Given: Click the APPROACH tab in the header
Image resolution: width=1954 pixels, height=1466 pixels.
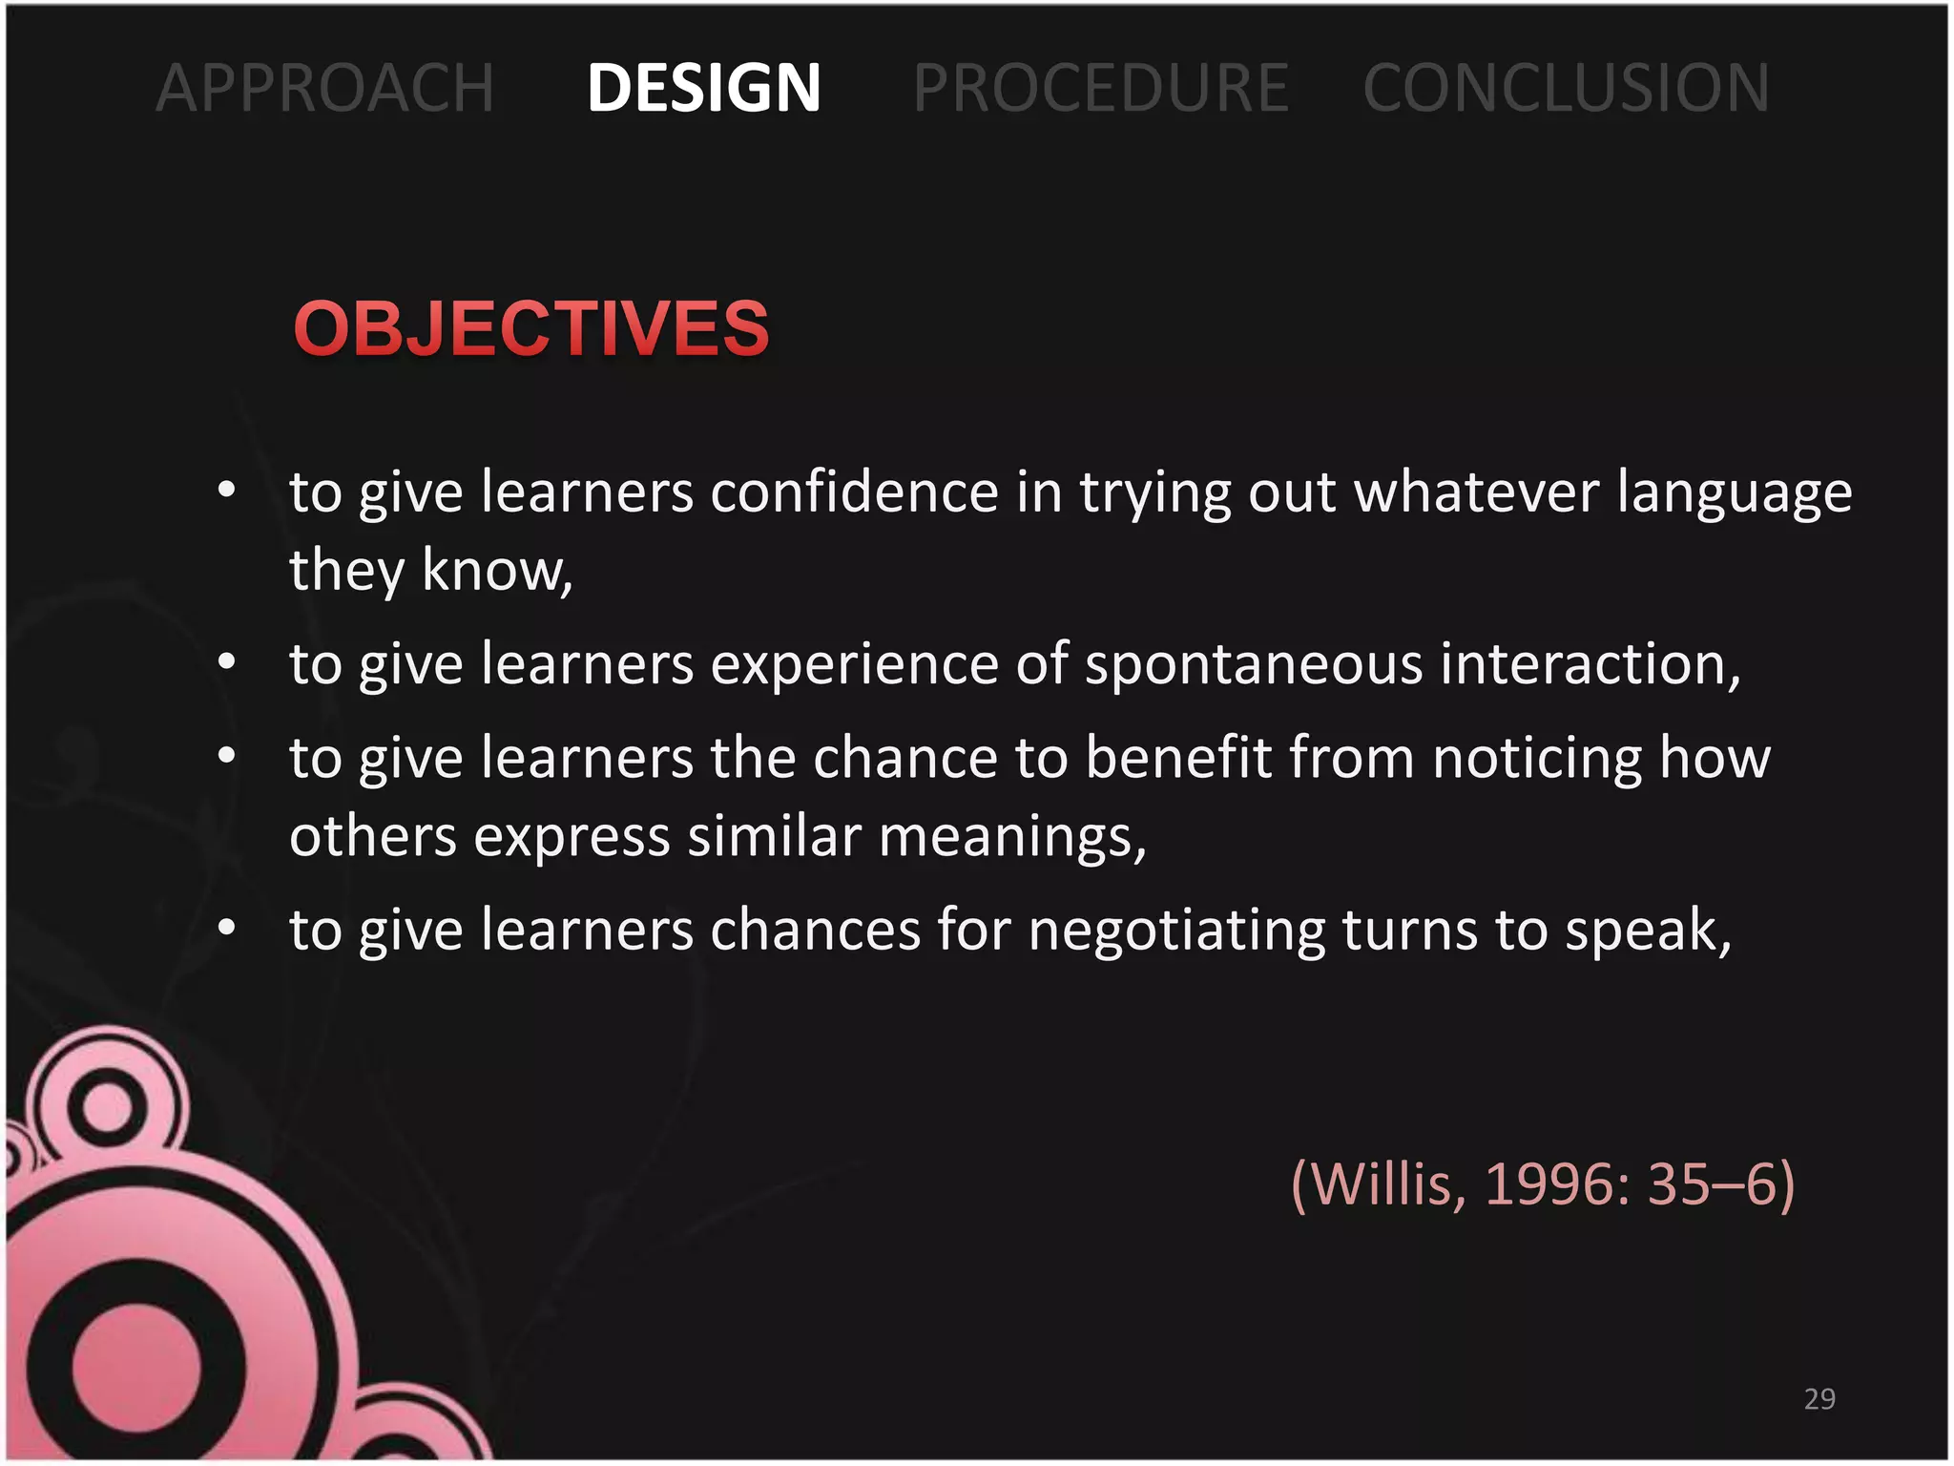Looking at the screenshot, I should point(325,88).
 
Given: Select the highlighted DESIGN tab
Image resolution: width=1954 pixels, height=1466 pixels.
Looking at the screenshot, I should point(703,88).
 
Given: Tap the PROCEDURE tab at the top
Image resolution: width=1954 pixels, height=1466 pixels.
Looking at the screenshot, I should point(1101,88).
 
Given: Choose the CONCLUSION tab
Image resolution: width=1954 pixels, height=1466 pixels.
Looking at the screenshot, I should point(1566,88).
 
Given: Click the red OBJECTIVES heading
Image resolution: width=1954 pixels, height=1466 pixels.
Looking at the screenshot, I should point(531,328).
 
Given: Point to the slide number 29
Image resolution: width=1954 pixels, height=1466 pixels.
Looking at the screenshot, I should point(1819,1398).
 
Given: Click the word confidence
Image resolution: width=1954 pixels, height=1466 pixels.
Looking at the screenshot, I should point(854,492).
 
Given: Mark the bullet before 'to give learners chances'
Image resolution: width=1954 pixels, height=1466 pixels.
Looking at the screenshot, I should point(226,927).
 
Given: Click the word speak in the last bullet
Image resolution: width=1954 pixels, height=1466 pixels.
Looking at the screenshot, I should point(1645,931).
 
